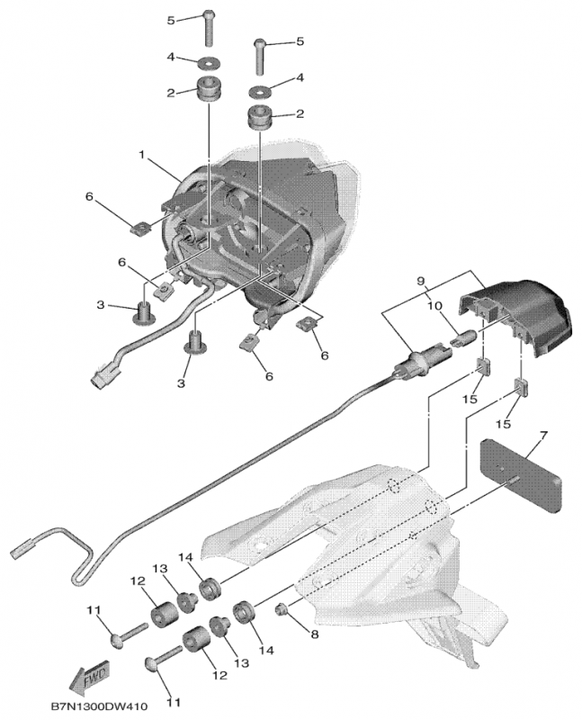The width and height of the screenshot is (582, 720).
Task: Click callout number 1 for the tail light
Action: pyautogui.click(x=141, y=154)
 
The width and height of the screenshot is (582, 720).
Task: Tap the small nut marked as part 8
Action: pyautogui.click(x=281, y=610)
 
